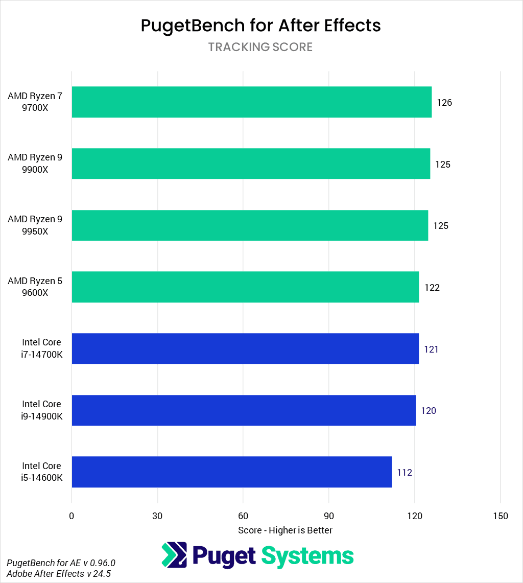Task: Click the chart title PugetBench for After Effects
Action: tap(260, 26)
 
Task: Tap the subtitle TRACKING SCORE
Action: tap(260, 47)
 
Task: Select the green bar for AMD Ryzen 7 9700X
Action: tap(251, 102)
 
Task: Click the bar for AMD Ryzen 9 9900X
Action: tap(250, 164)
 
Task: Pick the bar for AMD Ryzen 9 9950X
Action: tap(249, 225)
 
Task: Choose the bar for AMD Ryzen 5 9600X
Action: tap(245, 287)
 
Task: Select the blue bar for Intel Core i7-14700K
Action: tap(245, 349)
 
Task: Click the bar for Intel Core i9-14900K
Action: tap(243, 410)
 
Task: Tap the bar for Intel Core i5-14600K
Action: tap(231, 472)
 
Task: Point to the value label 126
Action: tap(444, 103)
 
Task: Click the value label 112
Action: tap(405, 473)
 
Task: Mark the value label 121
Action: tap(431, 349)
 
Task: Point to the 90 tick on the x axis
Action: tap(329, 516)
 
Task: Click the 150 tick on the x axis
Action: tap(501, 516)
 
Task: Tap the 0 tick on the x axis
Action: tap(72, 516)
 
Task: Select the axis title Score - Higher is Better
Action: tap(285, 530)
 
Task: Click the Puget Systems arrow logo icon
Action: tap(174, 554)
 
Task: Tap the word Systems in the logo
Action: tap(307, 555)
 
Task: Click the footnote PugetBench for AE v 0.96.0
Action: tap(61, 563)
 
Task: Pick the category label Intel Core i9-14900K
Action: tap(42, 410)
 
